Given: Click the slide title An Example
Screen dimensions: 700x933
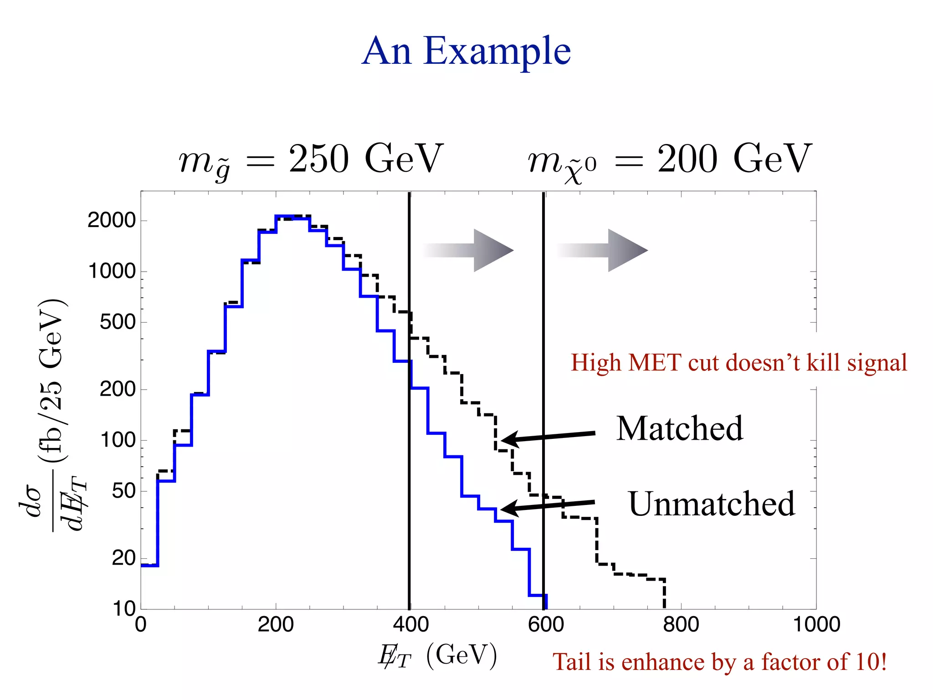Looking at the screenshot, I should (466, 51).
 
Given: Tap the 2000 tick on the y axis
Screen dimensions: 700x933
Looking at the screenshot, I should (112, 221).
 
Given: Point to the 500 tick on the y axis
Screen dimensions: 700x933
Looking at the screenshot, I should (118, 322).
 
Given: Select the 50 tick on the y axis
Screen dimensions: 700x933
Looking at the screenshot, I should (124, 491).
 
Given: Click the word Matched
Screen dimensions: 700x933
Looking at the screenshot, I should (679, 429).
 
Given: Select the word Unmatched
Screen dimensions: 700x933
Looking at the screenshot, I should (711, 504).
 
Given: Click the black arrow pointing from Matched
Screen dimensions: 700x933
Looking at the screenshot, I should (547, 437).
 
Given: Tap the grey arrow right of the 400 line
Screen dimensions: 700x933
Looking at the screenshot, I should (469, 250).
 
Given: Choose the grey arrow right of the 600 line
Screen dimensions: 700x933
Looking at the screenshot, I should (603, 250).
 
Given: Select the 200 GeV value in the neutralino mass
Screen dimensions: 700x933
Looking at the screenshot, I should (734, 159).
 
